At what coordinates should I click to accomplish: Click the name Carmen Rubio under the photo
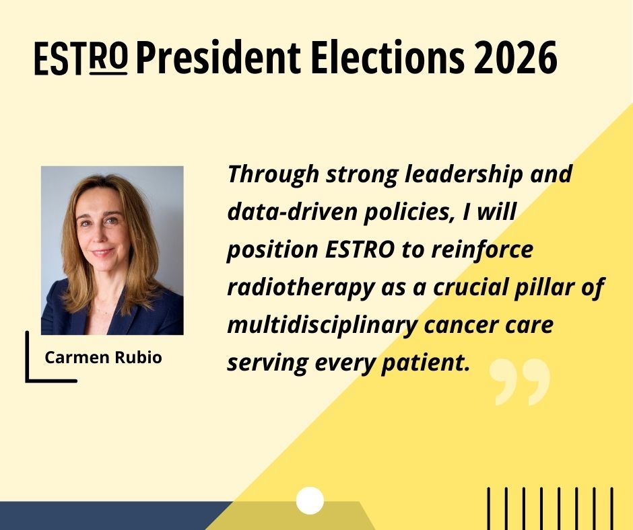(x=103, y=358)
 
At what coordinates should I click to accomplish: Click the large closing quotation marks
(x=519, y=382)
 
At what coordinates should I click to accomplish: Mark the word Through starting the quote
(x=273, y=175)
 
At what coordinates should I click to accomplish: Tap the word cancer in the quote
(x=462, y=325)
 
